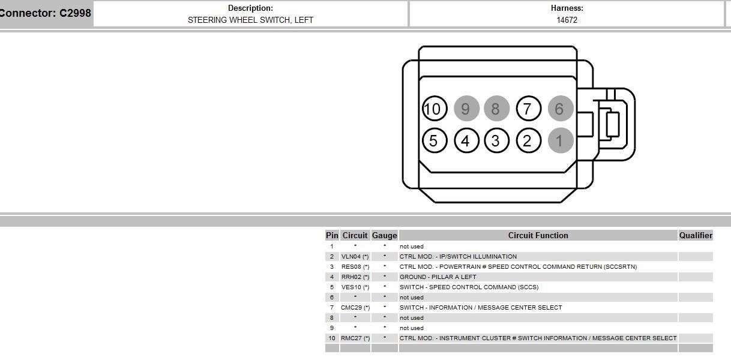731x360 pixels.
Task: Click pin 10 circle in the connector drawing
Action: pyautogui.click(x=433, y=109)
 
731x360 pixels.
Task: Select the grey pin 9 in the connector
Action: pyautogui.click(x=466, y=109)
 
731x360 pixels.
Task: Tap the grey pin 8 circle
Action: pyautogui.click(x=496, y=109)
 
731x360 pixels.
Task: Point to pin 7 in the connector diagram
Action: pyautogui.click(x=528, y=109)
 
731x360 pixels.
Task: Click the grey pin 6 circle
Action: pyautogui.click(x=559, y=109)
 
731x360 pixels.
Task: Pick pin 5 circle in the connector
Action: pyautogui.click(x=433, y=140)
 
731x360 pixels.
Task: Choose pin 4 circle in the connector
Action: pyautogui.click(x=466, y=140)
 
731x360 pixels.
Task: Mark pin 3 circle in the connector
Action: pyautogui.click(x=496, y=140)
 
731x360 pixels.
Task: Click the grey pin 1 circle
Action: pyautogui.click(x=559, y=140)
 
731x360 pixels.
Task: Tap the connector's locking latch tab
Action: pyautogui.click(x=612, y=124)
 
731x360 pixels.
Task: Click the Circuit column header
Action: pyautogui.click(x=355, y=235)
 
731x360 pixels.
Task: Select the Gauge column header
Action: pyautogui.click(x=385, y=235)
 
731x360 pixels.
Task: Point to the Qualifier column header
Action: pyautogui.click(x=696, y=235)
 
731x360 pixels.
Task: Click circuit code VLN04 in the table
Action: pyautogui.click(x=355, y=256)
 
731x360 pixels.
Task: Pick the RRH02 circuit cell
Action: pyautogui.click(x=355, y=277)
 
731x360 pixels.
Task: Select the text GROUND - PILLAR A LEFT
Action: pyautogui.click(x=438, y=277)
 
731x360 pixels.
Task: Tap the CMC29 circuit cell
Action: pyautogui.click(x=355, y=307)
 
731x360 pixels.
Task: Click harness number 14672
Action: pyautogui.click(x=567, y=20)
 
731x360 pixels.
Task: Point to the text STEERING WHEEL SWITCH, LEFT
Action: pyautogui.click(x=250, y=20)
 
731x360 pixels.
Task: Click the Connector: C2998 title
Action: pyautogui.click(x=46, y=13)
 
